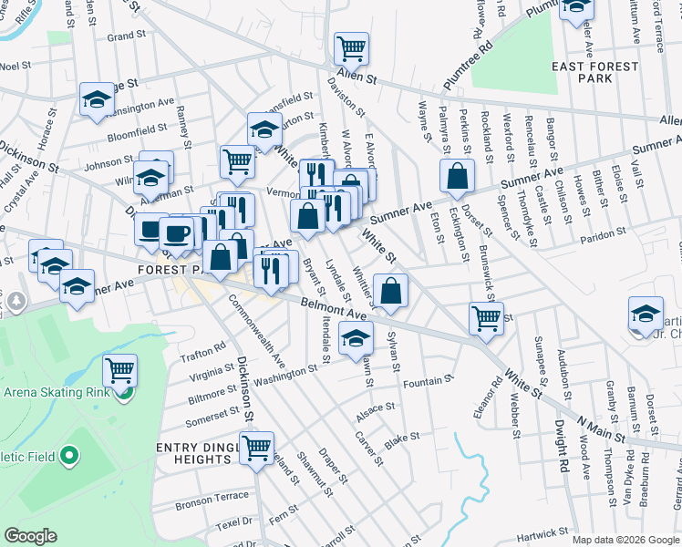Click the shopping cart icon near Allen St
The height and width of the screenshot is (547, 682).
[x=351, y=47]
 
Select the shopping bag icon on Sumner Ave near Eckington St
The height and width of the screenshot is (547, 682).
[x=456, y=175]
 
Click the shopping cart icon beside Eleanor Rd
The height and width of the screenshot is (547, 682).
[x=486, y=317]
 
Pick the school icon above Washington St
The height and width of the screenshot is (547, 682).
[x=355, y=338]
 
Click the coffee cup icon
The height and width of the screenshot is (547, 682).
[x=176, y=232]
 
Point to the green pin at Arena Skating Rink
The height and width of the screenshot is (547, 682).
[x=124, y=394]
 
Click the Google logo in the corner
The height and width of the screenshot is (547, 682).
[x=30, y=536]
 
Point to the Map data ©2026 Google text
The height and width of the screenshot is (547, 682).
[x=625, y=540]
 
